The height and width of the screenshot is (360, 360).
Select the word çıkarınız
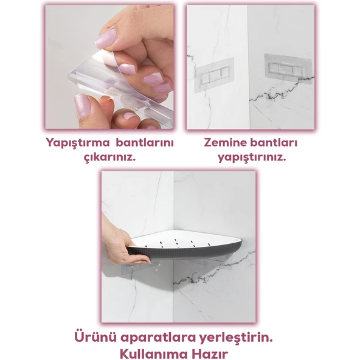(x=109, y=157)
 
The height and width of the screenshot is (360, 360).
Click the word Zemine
(x=226, y=144)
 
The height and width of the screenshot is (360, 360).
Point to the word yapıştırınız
(x=252, y=157)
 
